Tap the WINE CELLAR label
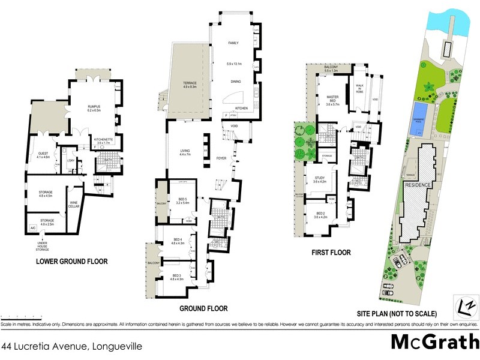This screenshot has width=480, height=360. pos(74,207)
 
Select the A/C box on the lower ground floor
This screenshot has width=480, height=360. pos(32,229)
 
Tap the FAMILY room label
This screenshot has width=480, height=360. pos(233,43)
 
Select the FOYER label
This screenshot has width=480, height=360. pos(221,159)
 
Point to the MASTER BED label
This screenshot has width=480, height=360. pos(333,97)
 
